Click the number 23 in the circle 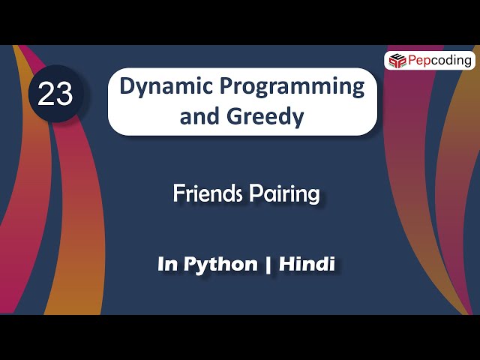click(55, 95)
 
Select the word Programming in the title click(291, 86)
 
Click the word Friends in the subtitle click(205, 193)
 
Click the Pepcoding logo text click(439, 60)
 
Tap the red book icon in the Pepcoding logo click(396, 60)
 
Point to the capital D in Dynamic click(127, 86)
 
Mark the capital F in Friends click(178, 193)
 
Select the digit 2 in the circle click(46, 95)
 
